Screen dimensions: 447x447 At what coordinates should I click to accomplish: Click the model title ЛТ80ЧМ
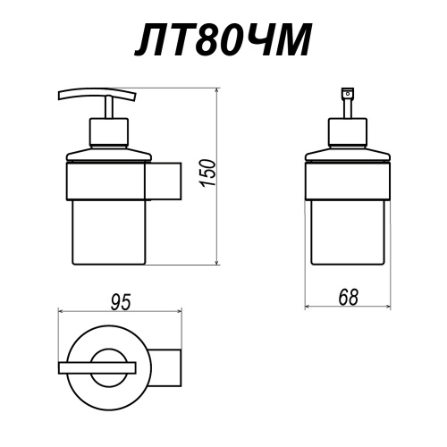223,39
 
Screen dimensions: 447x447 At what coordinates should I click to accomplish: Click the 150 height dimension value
207,173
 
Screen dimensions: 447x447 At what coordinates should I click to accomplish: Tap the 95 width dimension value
121,302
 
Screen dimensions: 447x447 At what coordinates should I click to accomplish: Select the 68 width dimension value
348,297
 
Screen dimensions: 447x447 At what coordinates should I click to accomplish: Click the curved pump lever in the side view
97,93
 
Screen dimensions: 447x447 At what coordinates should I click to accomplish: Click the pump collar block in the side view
109,132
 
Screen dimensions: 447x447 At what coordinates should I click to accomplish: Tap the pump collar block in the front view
348,132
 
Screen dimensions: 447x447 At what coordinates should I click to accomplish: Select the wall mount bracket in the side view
164,181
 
